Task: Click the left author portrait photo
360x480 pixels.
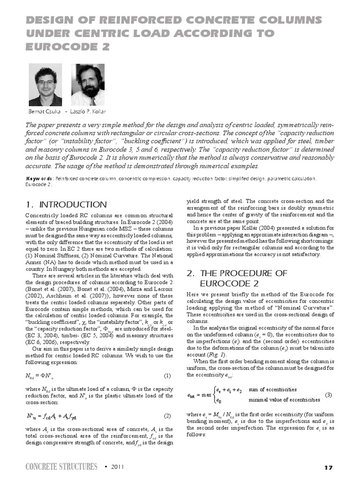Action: pyautogui.click(x=45, y=84)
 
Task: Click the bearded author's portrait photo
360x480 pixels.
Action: pyautogui.click(x=87, y=85)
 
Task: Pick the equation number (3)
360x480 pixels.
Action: pyautogui.click(x=329, y=395)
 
